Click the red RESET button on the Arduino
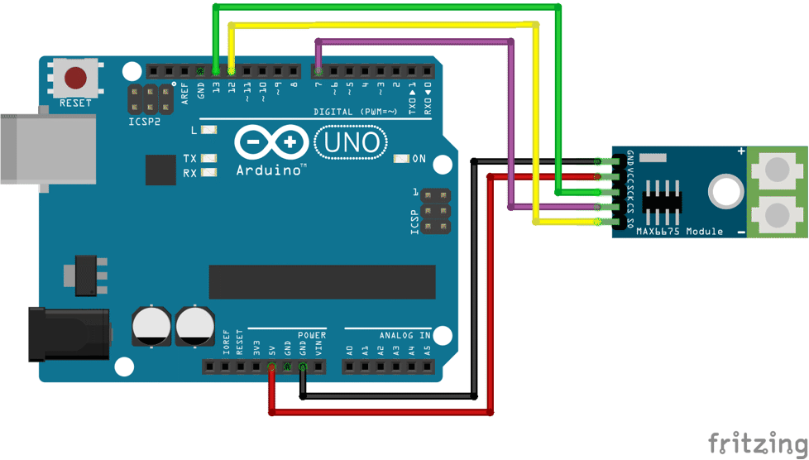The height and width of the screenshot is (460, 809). (76, 78)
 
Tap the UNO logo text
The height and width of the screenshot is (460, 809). (351, 143)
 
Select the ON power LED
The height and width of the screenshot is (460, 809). (402, 159)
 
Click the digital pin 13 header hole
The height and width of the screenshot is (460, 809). (216, 71)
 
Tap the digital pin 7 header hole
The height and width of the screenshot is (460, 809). (318, 71)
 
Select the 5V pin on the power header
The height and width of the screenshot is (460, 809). (271, 367)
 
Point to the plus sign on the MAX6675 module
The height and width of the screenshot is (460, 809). (741, 151)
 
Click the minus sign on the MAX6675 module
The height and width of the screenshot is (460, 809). (741, 232)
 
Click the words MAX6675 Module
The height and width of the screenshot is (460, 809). (679, 232)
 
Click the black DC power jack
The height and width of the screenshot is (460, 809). (69, 333)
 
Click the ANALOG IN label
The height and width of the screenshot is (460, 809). (404, 336)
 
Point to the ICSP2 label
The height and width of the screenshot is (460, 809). (141, 121)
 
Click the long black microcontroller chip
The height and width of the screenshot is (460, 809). (322, 282)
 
